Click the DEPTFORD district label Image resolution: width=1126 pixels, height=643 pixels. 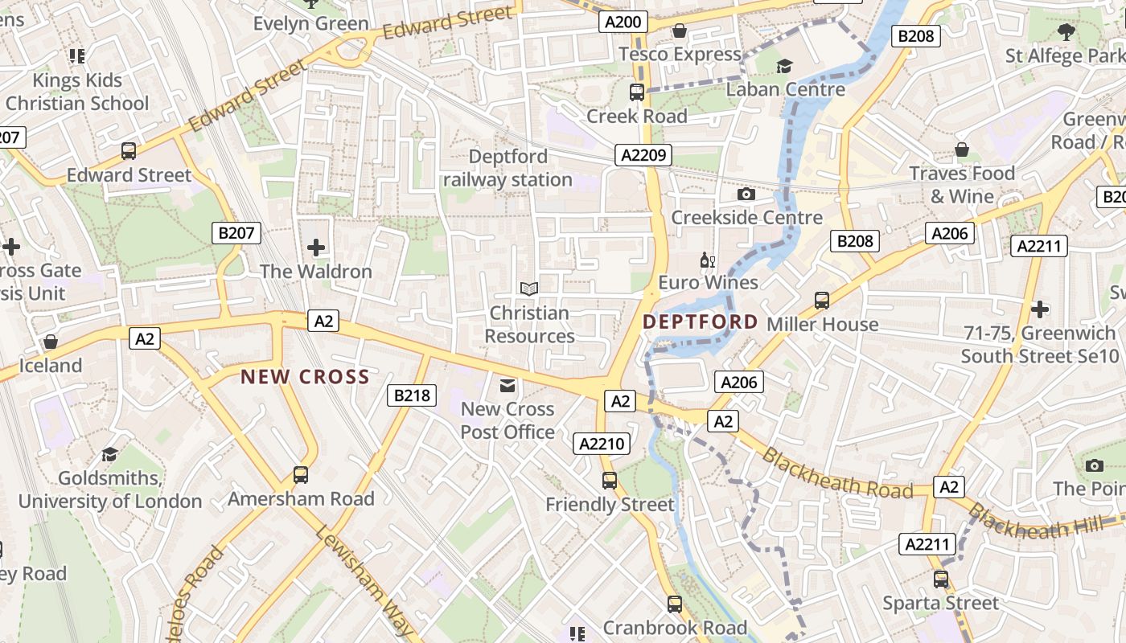(x=701, y=322)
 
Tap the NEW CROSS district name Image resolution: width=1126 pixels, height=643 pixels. (x=305, y=376)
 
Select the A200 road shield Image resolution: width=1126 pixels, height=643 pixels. (x=623, y=22)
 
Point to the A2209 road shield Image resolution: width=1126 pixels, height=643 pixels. (x=643, y=155)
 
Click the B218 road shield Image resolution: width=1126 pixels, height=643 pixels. (x=413, y=395)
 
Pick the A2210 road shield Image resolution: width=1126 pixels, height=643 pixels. (x=601, y=443)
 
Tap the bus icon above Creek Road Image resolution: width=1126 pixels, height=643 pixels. (x=637, y=92)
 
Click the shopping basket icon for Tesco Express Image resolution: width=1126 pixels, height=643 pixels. (x=680, y=31)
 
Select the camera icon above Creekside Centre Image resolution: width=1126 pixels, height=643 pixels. (x=746, y=194)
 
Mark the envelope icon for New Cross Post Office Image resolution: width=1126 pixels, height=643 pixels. (x=508, y=386)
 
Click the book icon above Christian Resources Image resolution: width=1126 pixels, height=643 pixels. (x=528, y=289)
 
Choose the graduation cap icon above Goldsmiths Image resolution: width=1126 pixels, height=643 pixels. (x=109, y=454)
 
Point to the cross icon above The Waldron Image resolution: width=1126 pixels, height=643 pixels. (x=316, y=247)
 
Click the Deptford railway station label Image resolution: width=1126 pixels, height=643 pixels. (x=508, y=168)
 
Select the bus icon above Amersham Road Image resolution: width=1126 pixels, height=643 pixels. (x=301, y=475)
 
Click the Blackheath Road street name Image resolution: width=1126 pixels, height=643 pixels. (x=836, y=474)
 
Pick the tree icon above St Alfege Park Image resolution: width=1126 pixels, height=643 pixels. (x=1066, y=32)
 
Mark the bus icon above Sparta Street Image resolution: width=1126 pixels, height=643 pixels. (x=941, y=579)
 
